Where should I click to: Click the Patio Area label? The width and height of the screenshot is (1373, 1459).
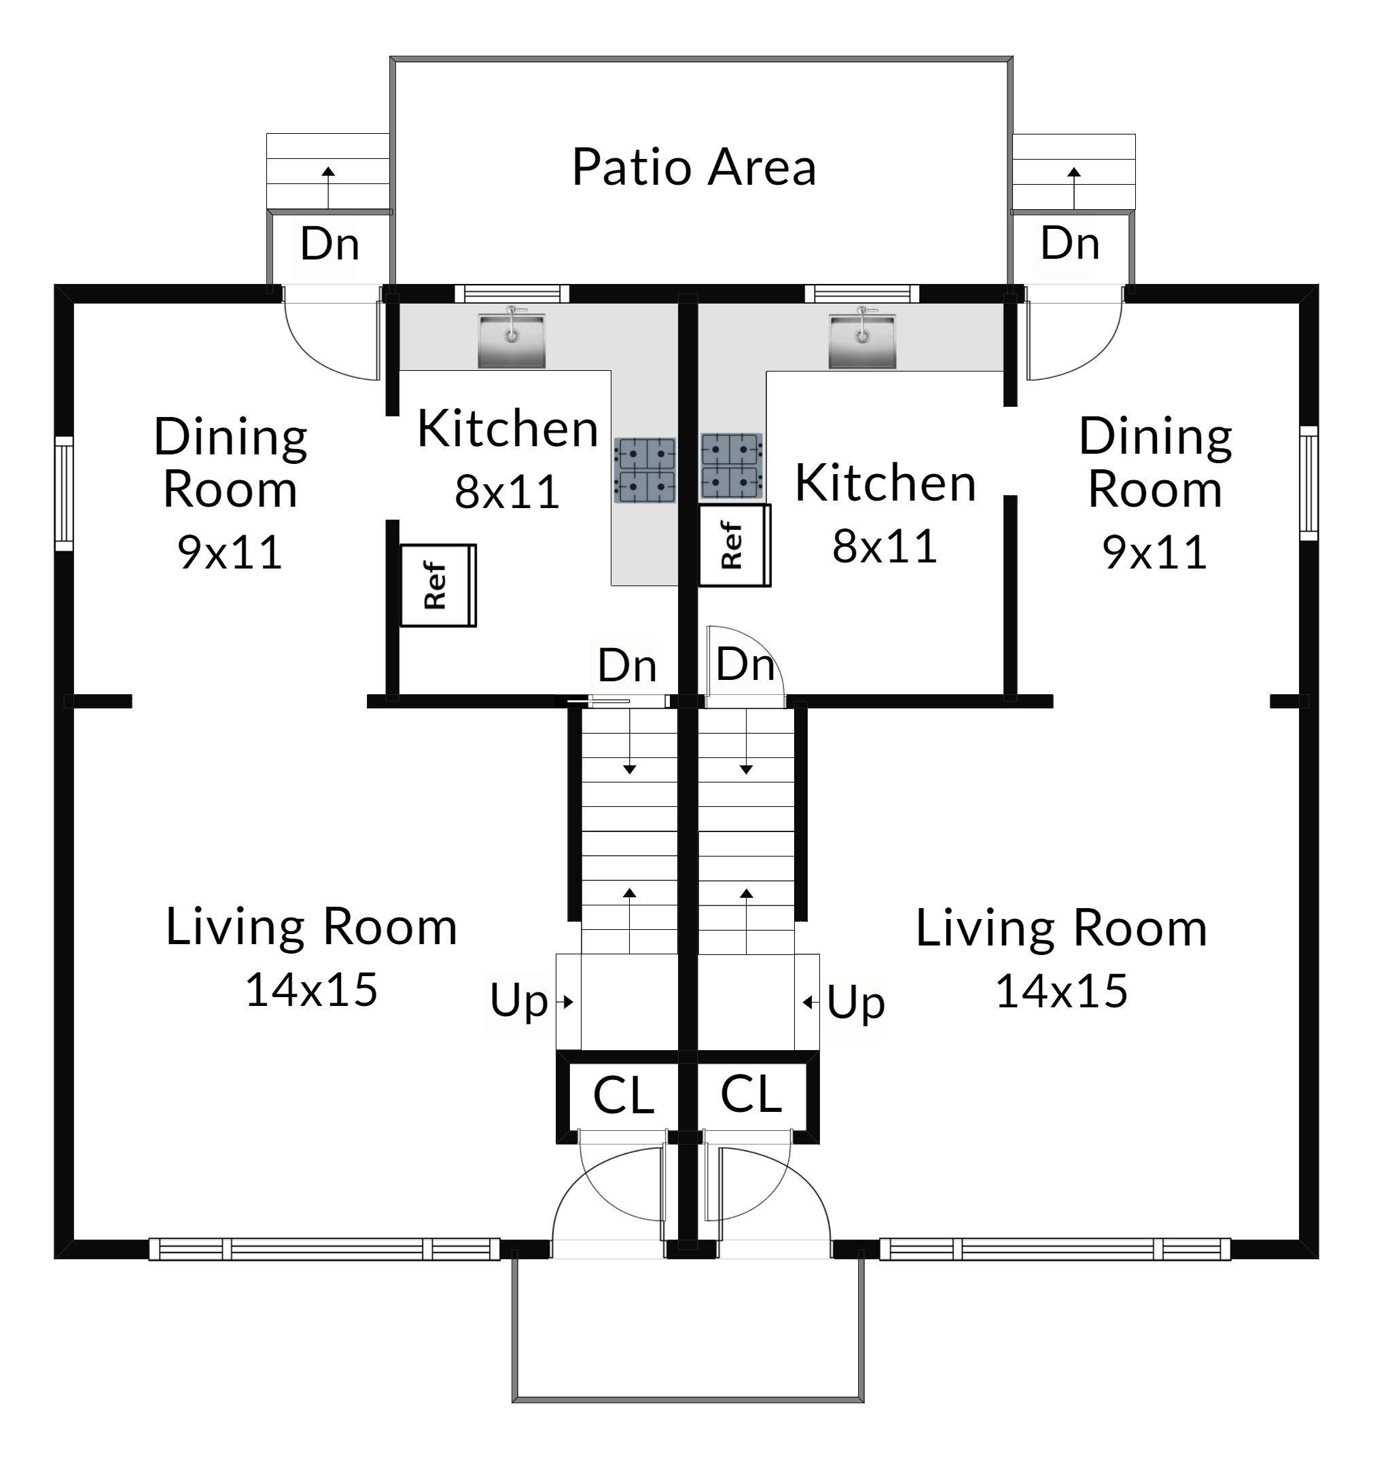pyautogui.click(x=694, y=167)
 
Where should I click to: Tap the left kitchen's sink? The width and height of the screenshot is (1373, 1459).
pyautogui.click(x=511, y=340)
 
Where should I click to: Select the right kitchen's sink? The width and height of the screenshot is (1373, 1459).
pyautogui.click(x=862, y=340)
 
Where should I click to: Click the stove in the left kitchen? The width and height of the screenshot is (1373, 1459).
pyautogui.click(x=645, y=471)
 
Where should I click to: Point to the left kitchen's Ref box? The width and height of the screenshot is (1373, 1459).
pyautogui.click(x=438, y=586)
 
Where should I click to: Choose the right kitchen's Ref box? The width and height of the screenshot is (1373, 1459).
pyautogui.click(x=734, y=545)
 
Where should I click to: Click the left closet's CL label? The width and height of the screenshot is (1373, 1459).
pyautogui.click(x=624, y=1096)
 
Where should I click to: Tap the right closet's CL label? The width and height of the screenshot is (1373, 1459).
pyautogui.click(x=751, y=1094)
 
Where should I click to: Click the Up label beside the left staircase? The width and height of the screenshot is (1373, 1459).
pyautogui.click(x=518, y=1002)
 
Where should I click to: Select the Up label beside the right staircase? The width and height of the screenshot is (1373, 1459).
pyautogui.click(x=855, y=1003)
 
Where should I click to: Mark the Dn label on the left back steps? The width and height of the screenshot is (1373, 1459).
pyautogui.click(x=329, y=244)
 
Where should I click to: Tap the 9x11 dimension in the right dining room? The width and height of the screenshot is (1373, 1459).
pyautogui.click(x=1155, y=553)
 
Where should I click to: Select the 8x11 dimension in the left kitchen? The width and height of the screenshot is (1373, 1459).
pyautogui.click(x=507, y=492)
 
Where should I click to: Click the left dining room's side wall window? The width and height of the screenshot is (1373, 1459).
pyautogui.click(x=65, y=493)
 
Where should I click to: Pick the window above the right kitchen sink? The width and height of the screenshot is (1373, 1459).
pyautogui.click(x=862, y=293)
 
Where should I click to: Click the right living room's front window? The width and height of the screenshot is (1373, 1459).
pyautogui.click(x=1054, y=1249)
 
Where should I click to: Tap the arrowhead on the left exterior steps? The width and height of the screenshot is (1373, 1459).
pyautogui.click(x=328, y=172)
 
